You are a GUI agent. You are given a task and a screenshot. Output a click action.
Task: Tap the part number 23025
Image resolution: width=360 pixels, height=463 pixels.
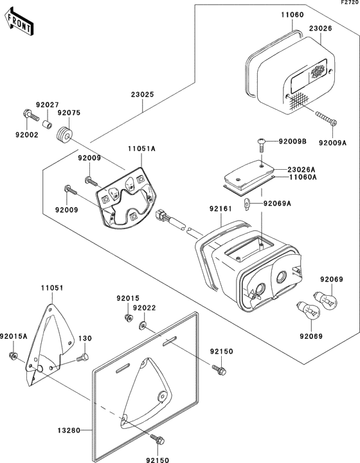pyautogui.click(x=143, y=95)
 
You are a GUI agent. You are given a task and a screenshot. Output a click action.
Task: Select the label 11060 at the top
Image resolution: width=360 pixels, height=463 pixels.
pyautogui.click(x=292, y=15)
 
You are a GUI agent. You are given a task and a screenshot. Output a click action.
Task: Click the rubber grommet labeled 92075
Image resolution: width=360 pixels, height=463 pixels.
pyautogui.click(x=64, y=136)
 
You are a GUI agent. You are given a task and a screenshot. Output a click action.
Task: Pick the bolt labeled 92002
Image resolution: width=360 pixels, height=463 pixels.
pyautogui.click(x=30, y=116)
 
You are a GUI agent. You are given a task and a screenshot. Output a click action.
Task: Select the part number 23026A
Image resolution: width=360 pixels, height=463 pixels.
pyautogui.click(x=301, y=170)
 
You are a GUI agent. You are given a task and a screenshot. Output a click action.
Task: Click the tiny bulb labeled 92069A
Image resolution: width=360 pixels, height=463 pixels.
pyautogui.click(x=247, y=204)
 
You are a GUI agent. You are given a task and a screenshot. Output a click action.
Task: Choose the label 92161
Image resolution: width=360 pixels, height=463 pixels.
pyautogui.click(x=221, y=209)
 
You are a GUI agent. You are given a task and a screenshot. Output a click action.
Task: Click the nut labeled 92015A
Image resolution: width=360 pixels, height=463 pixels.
pyautogui.click(x=12, y=356)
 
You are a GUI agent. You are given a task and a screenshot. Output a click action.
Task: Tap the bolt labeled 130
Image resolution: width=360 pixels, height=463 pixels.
pyautogui.click(x=83, y=358)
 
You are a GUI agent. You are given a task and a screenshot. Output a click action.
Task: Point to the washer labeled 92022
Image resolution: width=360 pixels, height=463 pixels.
pyautogui.click(x=143, y=325)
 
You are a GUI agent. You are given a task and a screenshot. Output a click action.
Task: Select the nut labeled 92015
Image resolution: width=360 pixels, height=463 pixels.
pyautogui.click(x=128, y=318)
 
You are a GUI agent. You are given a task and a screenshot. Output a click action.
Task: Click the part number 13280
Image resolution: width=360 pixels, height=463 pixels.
pyautogui.click(x=69, y=431)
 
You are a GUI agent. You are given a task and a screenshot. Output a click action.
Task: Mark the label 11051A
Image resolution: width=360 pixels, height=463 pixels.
pyautogui.click(x=141, y=149)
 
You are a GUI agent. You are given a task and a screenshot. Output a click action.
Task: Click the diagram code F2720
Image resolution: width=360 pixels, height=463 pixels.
pyautogui.click(x=350, y=3)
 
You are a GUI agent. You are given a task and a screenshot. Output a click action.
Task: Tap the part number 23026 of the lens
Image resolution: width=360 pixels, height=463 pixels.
pyautogui.click(x=321, y=29)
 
